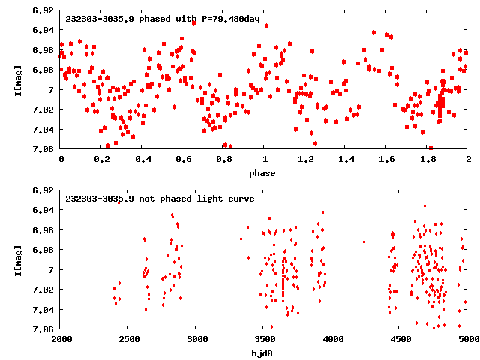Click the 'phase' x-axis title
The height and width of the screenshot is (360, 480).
pos(264,173)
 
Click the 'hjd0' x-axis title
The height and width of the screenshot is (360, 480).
pos(264,352)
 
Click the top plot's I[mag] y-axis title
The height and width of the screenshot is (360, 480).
pos(20,80)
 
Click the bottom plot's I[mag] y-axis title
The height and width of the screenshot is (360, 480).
pos(20,259)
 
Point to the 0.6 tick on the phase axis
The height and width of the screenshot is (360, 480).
pos(183,159)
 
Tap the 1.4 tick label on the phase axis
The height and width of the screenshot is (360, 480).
pos(346,159)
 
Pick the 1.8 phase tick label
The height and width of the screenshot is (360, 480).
pos(427,159)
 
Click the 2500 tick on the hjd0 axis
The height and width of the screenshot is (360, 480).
pos(128,339)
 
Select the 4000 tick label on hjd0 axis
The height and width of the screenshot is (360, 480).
pos(332,339)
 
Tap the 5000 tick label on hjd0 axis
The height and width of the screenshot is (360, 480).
pos(466,339)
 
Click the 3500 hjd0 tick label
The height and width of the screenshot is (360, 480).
pos(264,339)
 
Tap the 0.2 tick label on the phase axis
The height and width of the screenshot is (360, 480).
pos(101,159)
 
